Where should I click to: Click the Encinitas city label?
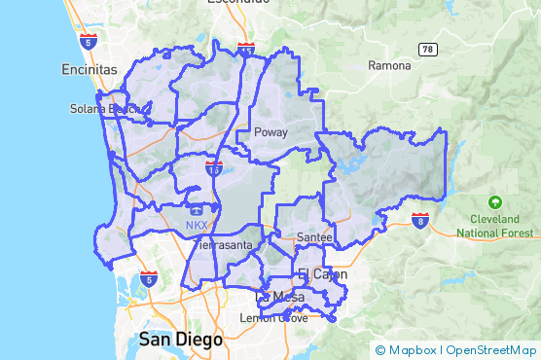[x=89, y=70]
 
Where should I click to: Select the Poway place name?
[x=270, y=132]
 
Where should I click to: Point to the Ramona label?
[x=390, y=66]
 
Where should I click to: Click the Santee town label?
[x=314, y=237]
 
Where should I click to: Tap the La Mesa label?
[x=280, y=296]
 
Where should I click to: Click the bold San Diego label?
[x=180, y=340]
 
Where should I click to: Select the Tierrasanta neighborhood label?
[x=225, y=245]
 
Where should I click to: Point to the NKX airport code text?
[x=198, y=226]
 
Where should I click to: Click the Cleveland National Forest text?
[x=495, y=226]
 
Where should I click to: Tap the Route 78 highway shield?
[x=427, y=49]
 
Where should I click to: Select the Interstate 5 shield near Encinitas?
[x=90, y=42]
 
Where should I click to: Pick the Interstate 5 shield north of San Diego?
[x=148, y=280]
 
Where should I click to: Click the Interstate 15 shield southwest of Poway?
[x=213, y=168]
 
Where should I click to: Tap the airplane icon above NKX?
[x=198, y=208]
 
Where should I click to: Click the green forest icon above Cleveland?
[x=495, y=202]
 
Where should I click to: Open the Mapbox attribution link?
[x=407, y=350]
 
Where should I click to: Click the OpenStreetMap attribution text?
[x=490, y=350]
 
